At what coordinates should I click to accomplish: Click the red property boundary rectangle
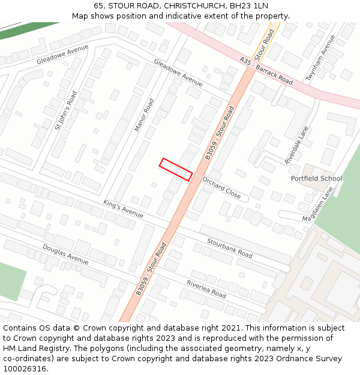[x=176, y=169]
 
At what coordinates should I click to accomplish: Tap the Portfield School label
[x=316, y=178]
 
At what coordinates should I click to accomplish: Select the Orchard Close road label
[x=221, y=188]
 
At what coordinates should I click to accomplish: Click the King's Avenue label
[x=123, y=209]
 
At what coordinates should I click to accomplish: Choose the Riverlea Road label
[x=206, y=289]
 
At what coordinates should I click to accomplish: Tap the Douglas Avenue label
[x=65, y=254]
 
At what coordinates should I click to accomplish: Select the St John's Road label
[x=66, y=110]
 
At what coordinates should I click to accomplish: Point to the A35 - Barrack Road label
[x=266, y=71]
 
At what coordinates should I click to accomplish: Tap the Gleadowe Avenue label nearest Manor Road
[x=178, y=72]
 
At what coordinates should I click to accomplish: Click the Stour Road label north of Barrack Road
[x=264, y=46]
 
